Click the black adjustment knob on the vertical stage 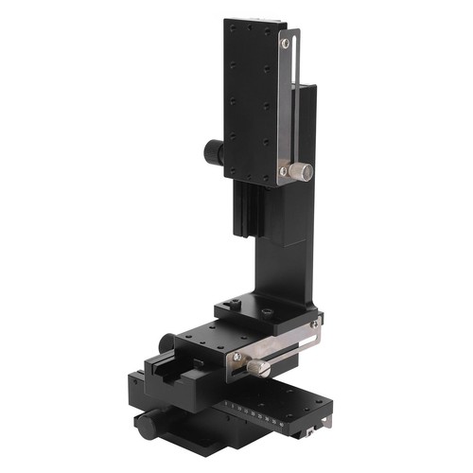[212, 151]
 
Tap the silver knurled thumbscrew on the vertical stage [301, 172]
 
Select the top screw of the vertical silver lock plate [284, 43]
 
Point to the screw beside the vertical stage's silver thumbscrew [283, 171]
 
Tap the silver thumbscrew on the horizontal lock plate [255, 365]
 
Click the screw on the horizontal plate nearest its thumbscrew [237, 357]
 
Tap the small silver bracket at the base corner [308, 434]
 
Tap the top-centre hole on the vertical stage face [248, 28]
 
